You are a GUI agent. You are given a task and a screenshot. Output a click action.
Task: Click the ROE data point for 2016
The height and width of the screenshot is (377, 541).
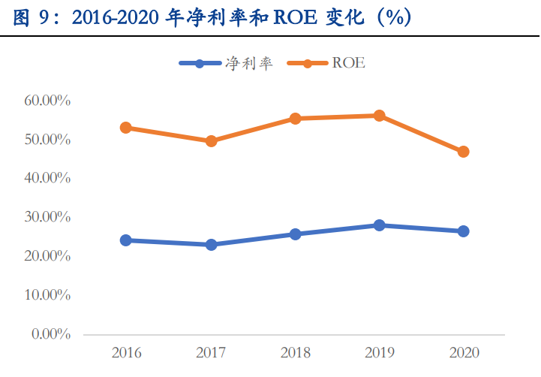tap(126, 128)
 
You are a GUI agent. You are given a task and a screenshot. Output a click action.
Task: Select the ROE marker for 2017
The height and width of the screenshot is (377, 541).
tap(211, 140)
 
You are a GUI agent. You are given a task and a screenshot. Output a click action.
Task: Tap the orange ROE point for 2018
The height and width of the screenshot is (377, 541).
tap(295, 118)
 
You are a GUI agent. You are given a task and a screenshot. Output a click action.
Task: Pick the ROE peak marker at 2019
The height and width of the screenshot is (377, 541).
tap(379, 116)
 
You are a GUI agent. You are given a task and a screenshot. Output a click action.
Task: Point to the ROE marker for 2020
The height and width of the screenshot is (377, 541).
tap(463, 152)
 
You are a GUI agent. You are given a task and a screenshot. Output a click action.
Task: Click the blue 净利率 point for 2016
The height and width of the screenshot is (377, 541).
tap(126, 240)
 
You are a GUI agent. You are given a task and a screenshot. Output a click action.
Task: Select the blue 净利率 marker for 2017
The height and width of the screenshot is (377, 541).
tap(211, 245)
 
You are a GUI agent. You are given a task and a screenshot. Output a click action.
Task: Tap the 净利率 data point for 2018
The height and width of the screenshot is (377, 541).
tap(295, 234)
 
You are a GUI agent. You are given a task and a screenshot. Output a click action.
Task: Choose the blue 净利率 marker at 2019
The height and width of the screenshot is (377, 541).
tap(379, 225)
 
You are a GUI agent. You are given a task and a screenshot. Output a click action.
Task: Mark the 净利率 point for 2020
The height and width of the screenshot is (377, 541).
tap(463, 231)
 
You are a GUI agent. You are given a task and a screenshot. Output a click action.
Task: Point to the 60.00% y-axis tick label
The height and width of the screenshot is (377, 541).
tap(47, 101)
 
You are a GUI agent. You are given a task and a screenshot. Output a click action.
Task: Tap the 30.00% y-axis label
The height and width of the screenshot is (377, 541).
tap(47, 217)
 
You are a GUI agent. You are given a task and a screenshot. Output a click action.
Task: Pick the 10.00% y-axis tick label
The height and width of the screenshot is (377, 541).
tap(47, 295)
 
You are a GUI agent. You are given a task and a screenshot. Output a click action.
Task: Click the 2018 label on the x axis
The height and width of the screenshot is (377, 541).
tap(295, 352)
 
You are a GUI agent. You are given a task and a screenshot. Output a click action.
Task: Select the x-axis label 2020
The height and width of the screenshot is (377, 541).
tap(463, 352)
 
